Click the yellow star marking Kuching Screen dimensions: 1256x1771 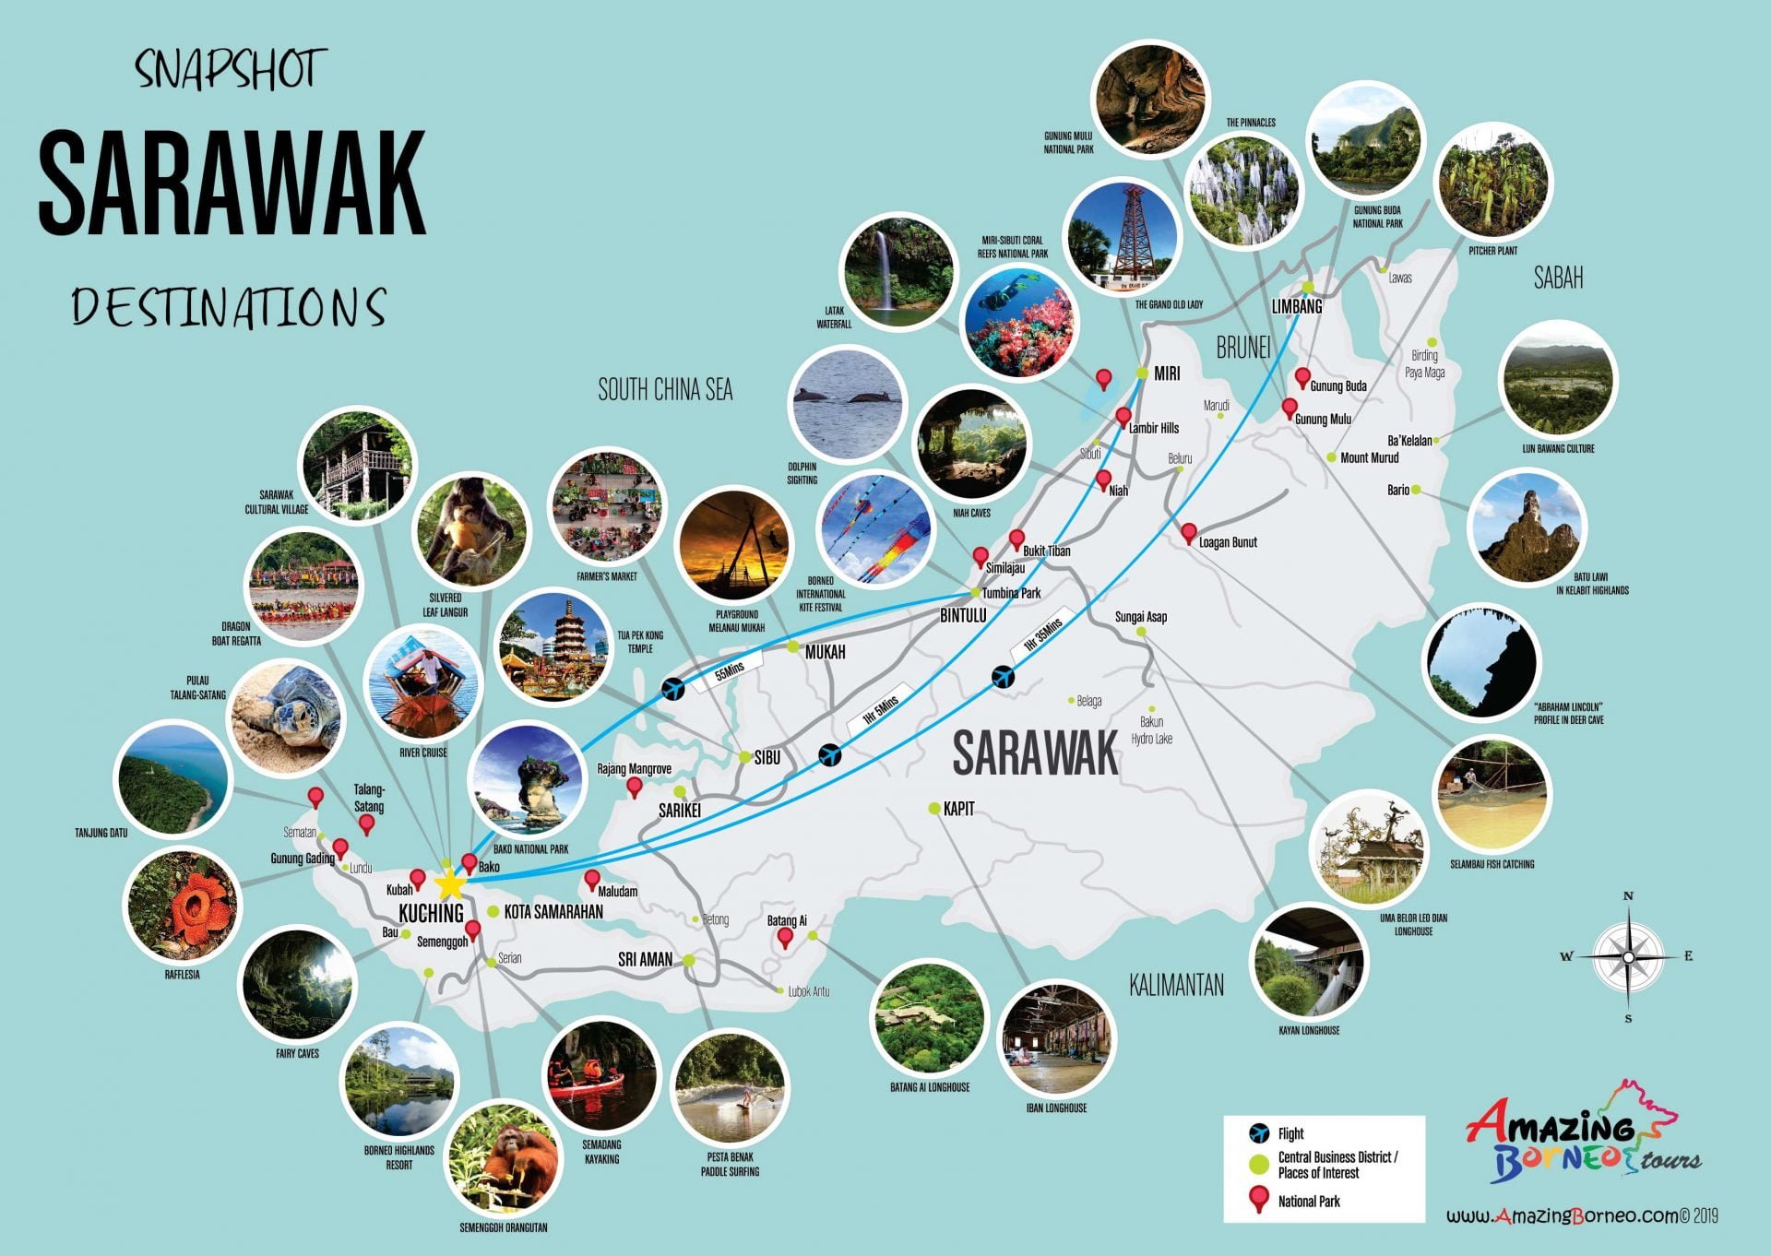point(449,883)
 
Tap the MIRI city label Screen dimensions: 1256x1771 point(1167,373)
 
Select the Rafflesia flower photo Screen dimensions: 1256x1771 point(182,906)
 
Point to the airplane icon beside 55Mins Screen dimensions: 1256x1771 point(673,688)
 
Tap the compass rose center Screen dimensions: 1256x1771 point(1628,957)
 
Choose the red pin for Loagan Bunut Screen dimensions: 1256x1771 point(1189,532)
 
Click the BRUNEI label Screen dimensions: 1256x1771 point(1243,348)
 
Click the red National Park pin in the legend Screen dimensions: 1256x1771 point(1257,1199)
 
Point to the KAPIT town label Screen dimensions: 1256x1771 point(958,809)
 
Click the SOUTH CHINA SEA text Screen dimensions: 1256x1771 point(665,390)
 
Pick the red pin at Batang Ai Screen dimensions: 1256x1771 point(785,937)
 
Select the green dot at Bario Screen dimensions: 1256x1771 point(1416,490)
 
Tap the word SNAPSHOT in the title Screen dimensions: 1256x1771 point(231,70)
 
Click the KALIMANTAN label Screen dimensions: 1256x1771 point(1176,985)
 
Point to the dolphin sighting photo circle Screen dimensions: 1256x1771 point(848,403)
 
